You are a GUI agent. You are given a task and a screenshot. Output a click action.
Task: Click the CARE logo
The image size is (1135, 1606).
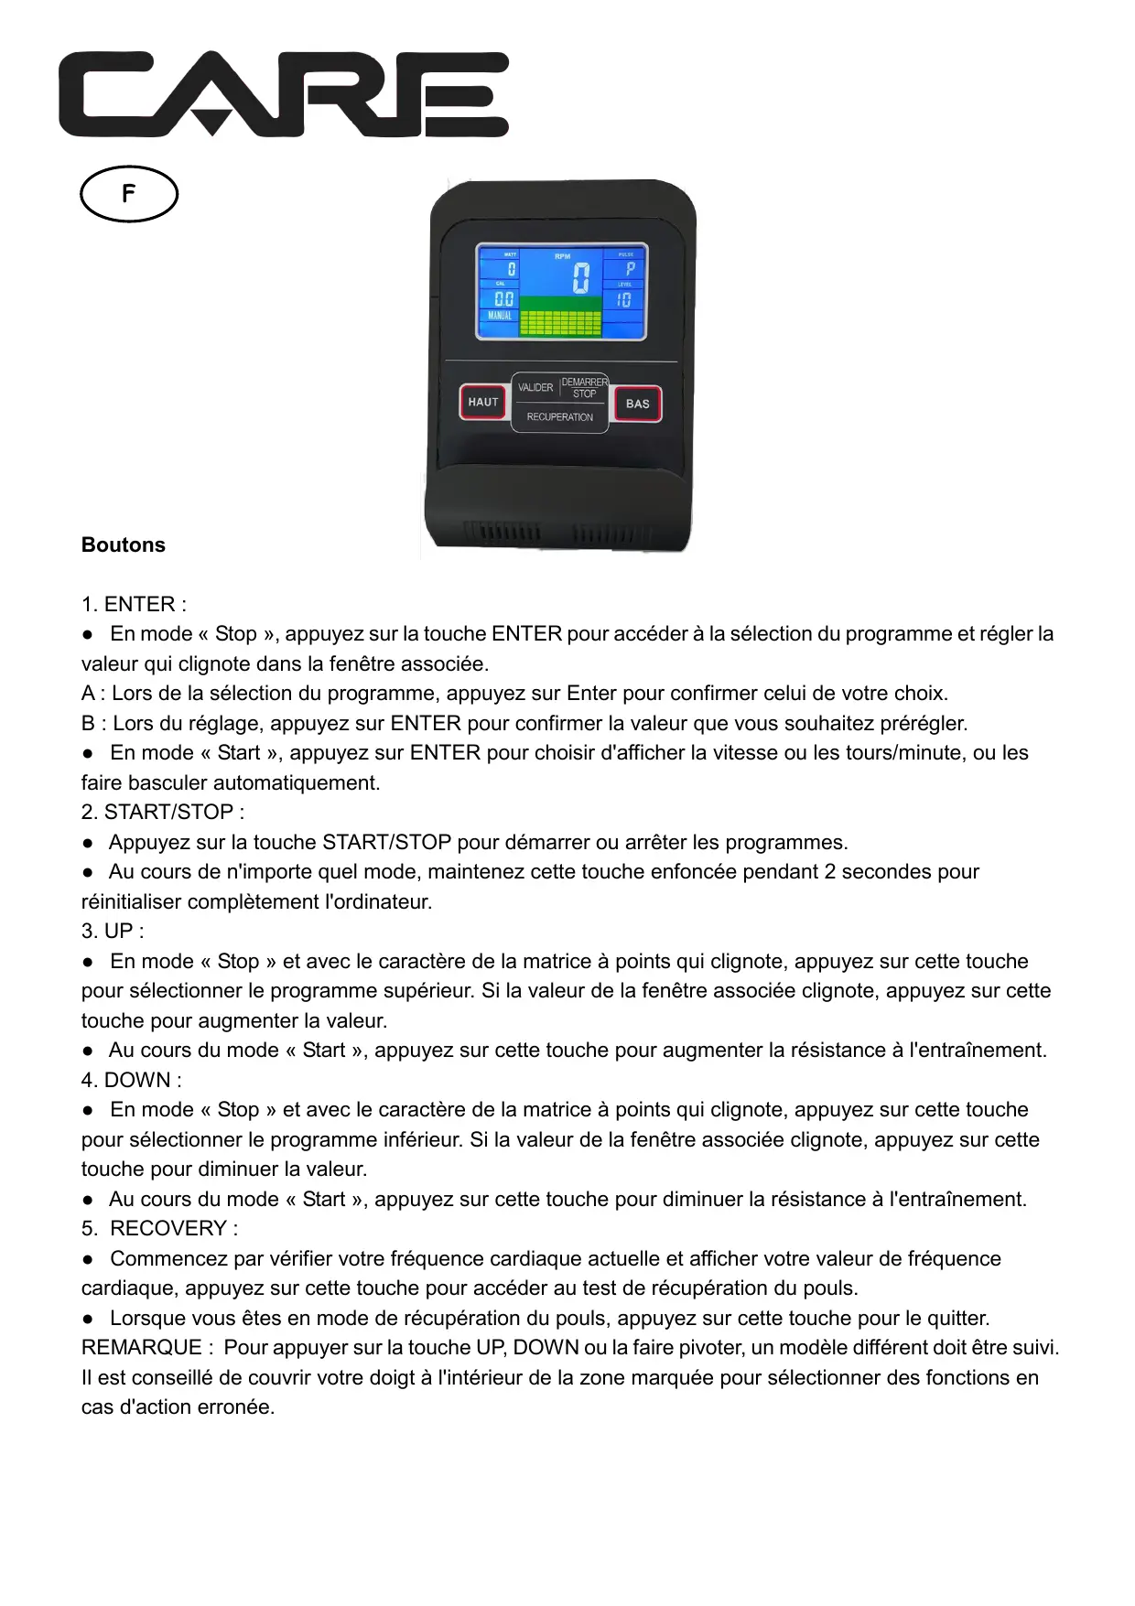[284, 94]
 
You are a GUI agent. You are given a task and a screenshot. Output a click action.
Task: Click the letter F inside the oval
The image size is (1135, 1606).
[129, 193]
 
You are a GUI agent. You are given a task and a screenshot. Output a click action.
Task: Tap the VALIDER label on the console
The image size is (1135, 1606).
[535, 388]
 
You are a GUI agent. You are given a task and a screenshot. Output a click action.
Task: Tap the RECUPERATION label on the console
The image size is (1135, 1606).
[559, 417]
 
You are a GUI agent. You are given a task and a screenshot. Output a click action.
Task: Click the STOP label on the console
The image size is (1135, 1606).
[584, 394]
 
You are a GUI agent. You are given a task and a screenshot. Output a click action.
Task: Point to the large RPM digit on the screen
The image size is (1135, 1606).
[580, 277]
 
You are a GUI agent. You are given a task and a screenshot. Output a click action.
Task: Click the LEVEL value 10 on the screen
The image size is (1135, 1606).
[623, 300]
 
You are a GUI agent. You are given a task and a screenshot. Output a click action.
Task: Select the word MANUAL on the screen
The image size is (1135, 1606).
[500, 316]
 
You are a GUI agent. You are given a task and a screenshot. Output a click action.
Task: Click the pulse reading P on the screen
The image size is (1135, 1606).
[630, 269]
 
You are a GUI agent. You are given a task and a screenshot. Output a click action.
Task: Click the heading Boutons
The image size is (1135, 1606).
[124, 545]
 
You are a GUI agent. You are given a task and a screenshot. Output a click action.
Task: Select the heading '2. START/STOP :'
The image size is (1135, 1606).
[163, 813]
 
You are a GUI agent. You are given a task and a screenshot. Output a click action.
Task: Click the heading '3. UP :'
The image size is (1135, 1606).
[113, 932]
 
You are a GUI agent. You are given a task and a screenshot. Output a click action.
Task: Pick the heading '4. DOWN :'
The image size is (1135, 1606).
[132, 1081]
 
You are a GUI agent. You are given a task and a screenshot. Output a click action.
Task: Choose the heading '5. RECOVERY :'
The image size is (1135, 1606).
[160, 1229]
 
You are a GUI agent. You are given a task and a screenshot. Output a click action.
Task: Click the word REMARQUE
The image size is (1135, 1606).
[141, 1348]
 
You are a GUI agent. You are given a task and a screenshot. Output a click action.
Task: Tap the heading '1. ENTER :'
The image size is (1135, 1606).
[134, 605]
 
